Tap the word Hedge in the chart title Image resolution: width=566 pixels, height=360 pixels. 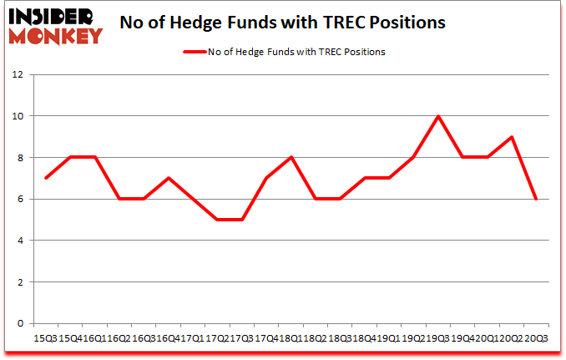tap(220, 23)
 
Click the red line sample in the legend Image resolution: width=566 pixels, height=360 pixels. tap(193, 52)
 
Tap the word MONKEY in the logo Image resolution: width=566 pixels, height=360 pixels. tap(54, 35)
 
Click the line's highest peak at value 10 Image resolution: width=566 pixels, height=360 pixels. tap(437, 116)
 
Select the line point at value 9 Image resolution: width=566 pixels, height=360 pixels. tap(511, 137)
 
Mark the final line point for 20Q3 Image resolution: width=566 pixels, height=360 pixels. tap(535, 199)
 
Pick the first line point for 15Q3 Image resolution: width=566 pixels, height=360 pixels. tap(45, 178)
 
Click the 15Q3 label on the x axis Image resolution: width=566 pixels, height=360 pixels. tap(45, 337)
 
